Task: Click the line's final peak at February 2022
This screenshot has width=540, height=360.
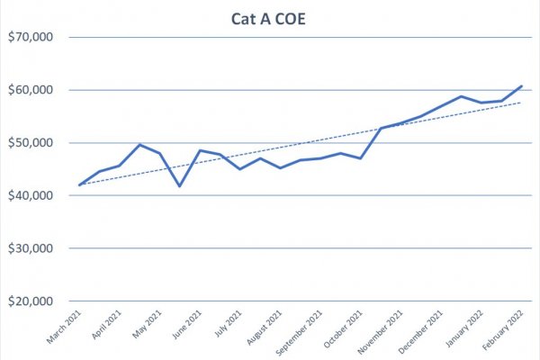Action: click(521, 86)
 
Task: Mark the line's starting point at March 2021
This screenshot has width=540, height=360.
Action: click(80, 184)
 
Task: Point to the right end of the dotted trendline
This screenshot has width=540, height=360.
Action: click(521, 103)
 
